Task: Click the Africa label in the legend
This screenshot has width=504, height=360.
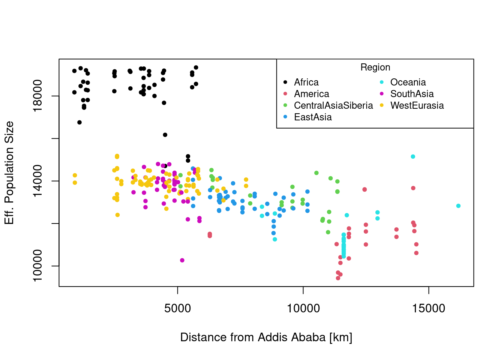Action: (306, 82)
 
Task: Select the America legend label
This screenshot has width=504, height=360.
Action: (311, 94)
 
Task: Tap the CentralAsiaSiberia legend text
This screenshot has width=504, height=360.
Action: (333, 105)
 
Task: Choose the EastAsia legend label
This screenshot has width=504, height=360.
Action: (313, 117)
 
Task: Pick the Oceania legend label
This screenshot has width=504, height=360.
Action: (408, 82)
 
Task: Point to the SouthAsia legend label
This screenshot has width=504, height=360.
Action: (412, 94)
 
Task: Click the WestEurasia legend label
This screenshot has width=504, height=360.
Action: (417, 105)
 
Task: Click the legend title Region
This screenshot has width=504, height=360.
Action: (375, 67)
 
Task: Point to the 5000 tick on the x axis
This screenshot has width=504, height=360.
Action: (178, 308)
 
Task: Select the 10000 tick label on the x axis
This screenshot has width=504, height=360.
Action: (303, 308)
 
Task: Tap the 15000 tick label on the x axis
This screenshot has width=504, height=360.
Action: (429, 308)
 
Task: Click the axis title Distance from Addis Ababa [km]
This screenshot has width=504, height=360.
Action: (266, 337)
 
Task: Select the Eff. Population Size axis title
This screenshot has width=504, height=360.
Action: (9, 173)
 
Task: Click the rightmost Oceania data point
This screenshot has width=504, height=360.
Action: (458, 206)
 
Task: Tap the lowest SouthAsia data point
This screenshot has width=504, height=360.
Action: (182, 260)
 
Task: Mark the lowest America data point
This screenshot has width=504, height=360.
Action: (338, 278)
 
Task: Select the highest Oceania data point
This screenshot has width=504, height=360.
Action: (413, 156)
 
